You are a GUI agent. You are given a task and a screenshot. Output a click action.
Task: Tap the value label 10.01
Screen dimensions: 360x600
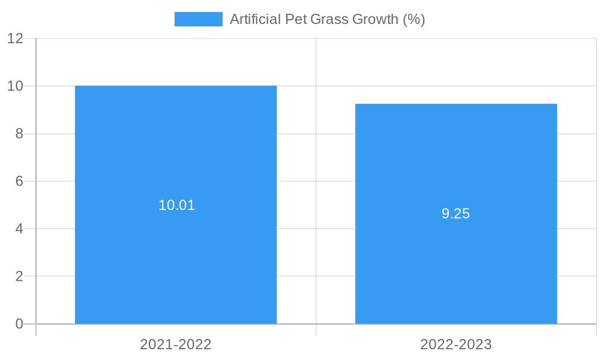(176, 205)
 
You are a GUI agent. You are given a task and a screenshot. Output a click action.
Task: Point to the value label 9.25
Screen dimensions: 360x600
(455, 214)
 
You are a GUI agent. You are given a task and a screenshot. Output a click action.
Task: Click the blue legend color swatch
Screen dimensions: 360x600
(198, 19)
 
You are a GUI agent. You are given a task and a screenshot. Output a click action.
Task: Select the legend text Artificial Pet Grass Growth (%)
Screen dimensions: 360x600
(327, 19)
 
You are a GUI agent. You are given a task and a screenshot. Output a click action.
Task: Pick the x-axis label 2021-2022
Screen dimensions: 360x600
(176, 344)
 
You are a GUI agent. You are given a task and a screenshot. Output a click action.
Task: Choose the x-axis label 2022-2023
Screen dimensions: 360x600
(456, 344)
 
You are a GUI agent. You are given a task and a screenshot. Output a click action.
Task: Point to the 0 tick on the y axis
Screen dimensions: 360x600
(19, 324)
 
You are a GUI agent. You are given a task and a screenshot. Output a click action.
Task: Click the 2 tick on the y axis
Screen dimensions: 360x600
(19, 277)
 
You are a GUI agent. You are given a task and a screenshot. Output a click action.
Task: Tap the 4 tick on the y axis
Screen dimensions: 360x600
(19, 229)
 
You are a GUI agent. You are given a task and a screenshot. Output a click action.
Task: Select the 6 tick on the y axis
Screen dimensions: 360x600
(19, 181)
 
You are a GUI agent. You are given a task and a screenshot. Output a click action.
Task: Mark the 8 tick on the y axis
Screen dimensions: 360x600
(19, 134)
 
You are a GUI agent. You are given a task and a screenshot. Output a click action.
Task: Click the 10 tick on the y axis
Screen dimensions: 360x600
(16, 86)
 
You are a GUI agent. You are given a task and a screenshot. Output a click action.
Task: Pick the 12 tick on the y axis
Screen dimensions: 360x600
(16, 38)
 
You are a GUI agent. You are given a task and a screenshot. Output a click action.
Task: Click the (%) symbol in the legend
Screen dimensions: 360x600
(414, 19)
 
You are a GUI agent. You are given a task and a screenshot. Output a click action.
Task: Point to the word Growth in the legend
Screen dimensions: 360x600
(375, 19)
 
